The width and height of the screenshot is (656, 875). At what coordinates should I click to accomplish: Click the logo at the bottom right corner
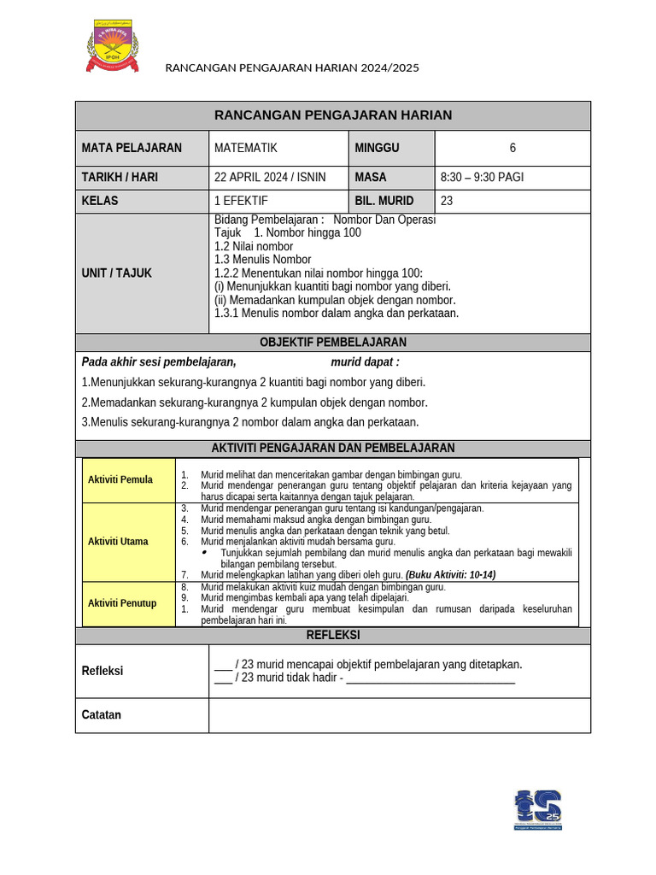tap(537, 809)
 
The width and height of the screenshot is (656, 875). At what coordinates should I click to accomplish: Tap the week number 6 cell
tap(512, 148)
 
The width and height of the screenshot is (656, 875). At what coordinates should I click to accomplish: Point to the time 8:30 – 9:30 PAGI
tap(482, 178)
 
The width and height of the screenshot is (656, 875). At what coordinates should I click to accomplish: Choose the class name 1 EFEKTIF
tap(241, 201)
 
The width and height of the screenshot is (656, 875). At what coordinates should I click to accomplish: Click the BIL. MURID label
tap(384, 201)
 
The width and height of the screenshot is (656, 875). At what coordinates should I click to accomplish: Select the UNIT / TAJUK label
tap(116, 273)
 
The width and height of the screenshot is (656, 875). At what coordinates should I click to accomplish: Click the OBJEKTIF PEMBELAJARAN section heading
tap(333, 343)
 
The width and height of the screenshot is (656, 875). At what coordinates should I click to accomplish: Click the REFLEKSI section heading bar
tap(333, 636)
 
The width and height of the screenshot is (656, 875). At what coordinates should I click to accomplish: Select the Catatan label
tap(101, 715)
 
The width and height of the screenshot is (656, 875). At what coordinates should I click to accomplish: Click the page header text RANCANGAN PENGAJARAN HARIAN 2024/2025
tap(291, 68)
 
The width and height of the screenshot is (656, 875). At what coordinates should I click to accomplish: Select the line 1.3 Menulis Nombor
tap(263, 260)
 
